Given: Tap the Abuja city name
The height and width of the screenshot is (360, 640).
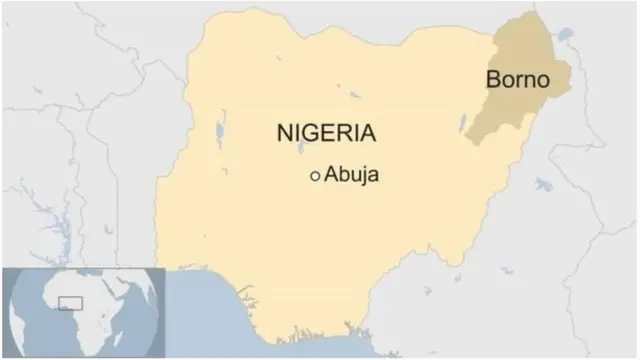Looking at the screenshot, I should (352, 175).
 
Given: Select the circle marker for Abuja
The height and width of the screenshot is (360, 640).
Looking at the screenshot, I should (315, 176).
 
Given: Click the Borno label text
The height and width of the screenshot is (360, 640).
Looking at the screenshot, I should (517, 79).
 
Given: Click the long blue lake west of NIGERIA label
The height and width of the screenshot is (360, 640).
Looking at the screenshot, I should (219, 131).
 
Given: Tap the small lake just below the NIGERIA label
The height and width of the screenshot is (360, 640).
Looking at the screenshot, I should (301, 149).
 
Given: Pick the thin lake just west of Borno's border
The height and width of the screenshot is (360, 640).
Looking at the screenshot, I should (463, 125).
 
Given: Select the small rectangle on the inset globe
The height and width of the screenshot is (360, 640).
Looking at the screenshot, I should (70, 302).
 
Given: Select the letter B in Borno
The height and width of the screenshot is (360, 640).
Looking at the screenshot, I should (494, 79).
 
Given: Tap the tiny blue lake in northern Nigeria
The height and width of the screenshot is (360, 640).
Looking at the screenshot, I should (354, 96).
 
